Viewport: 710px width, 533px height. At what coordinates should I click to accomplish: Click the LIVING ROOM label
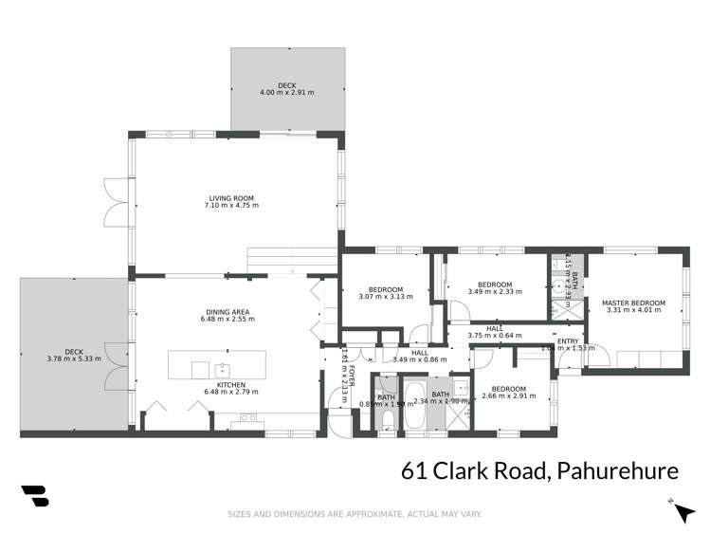point(233,197)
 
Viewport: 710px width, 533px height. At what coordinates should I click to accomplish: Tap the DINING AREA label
point(227,312)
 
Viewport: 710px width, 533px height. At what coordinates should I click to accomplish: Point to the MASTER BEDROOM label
point(633,303)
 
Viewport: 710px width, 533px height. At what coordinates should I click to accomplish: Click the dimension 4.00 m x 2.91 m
point(286,93)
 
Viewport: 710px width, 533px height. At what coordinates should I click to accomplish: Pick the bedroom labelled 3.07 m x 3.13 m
point(386,289)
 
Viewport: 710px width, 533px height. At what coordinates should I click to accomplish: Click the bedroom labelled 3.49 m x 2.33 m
point(495,285)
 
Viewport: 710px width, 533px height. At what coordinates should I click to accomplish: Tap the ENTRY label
point(568,340)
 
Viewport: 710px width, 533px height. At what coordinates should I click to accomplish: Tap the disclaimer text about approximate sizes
point(355,515)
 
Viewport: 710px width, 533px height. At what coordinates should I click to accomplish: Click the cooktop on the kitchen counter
point(249,416)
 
